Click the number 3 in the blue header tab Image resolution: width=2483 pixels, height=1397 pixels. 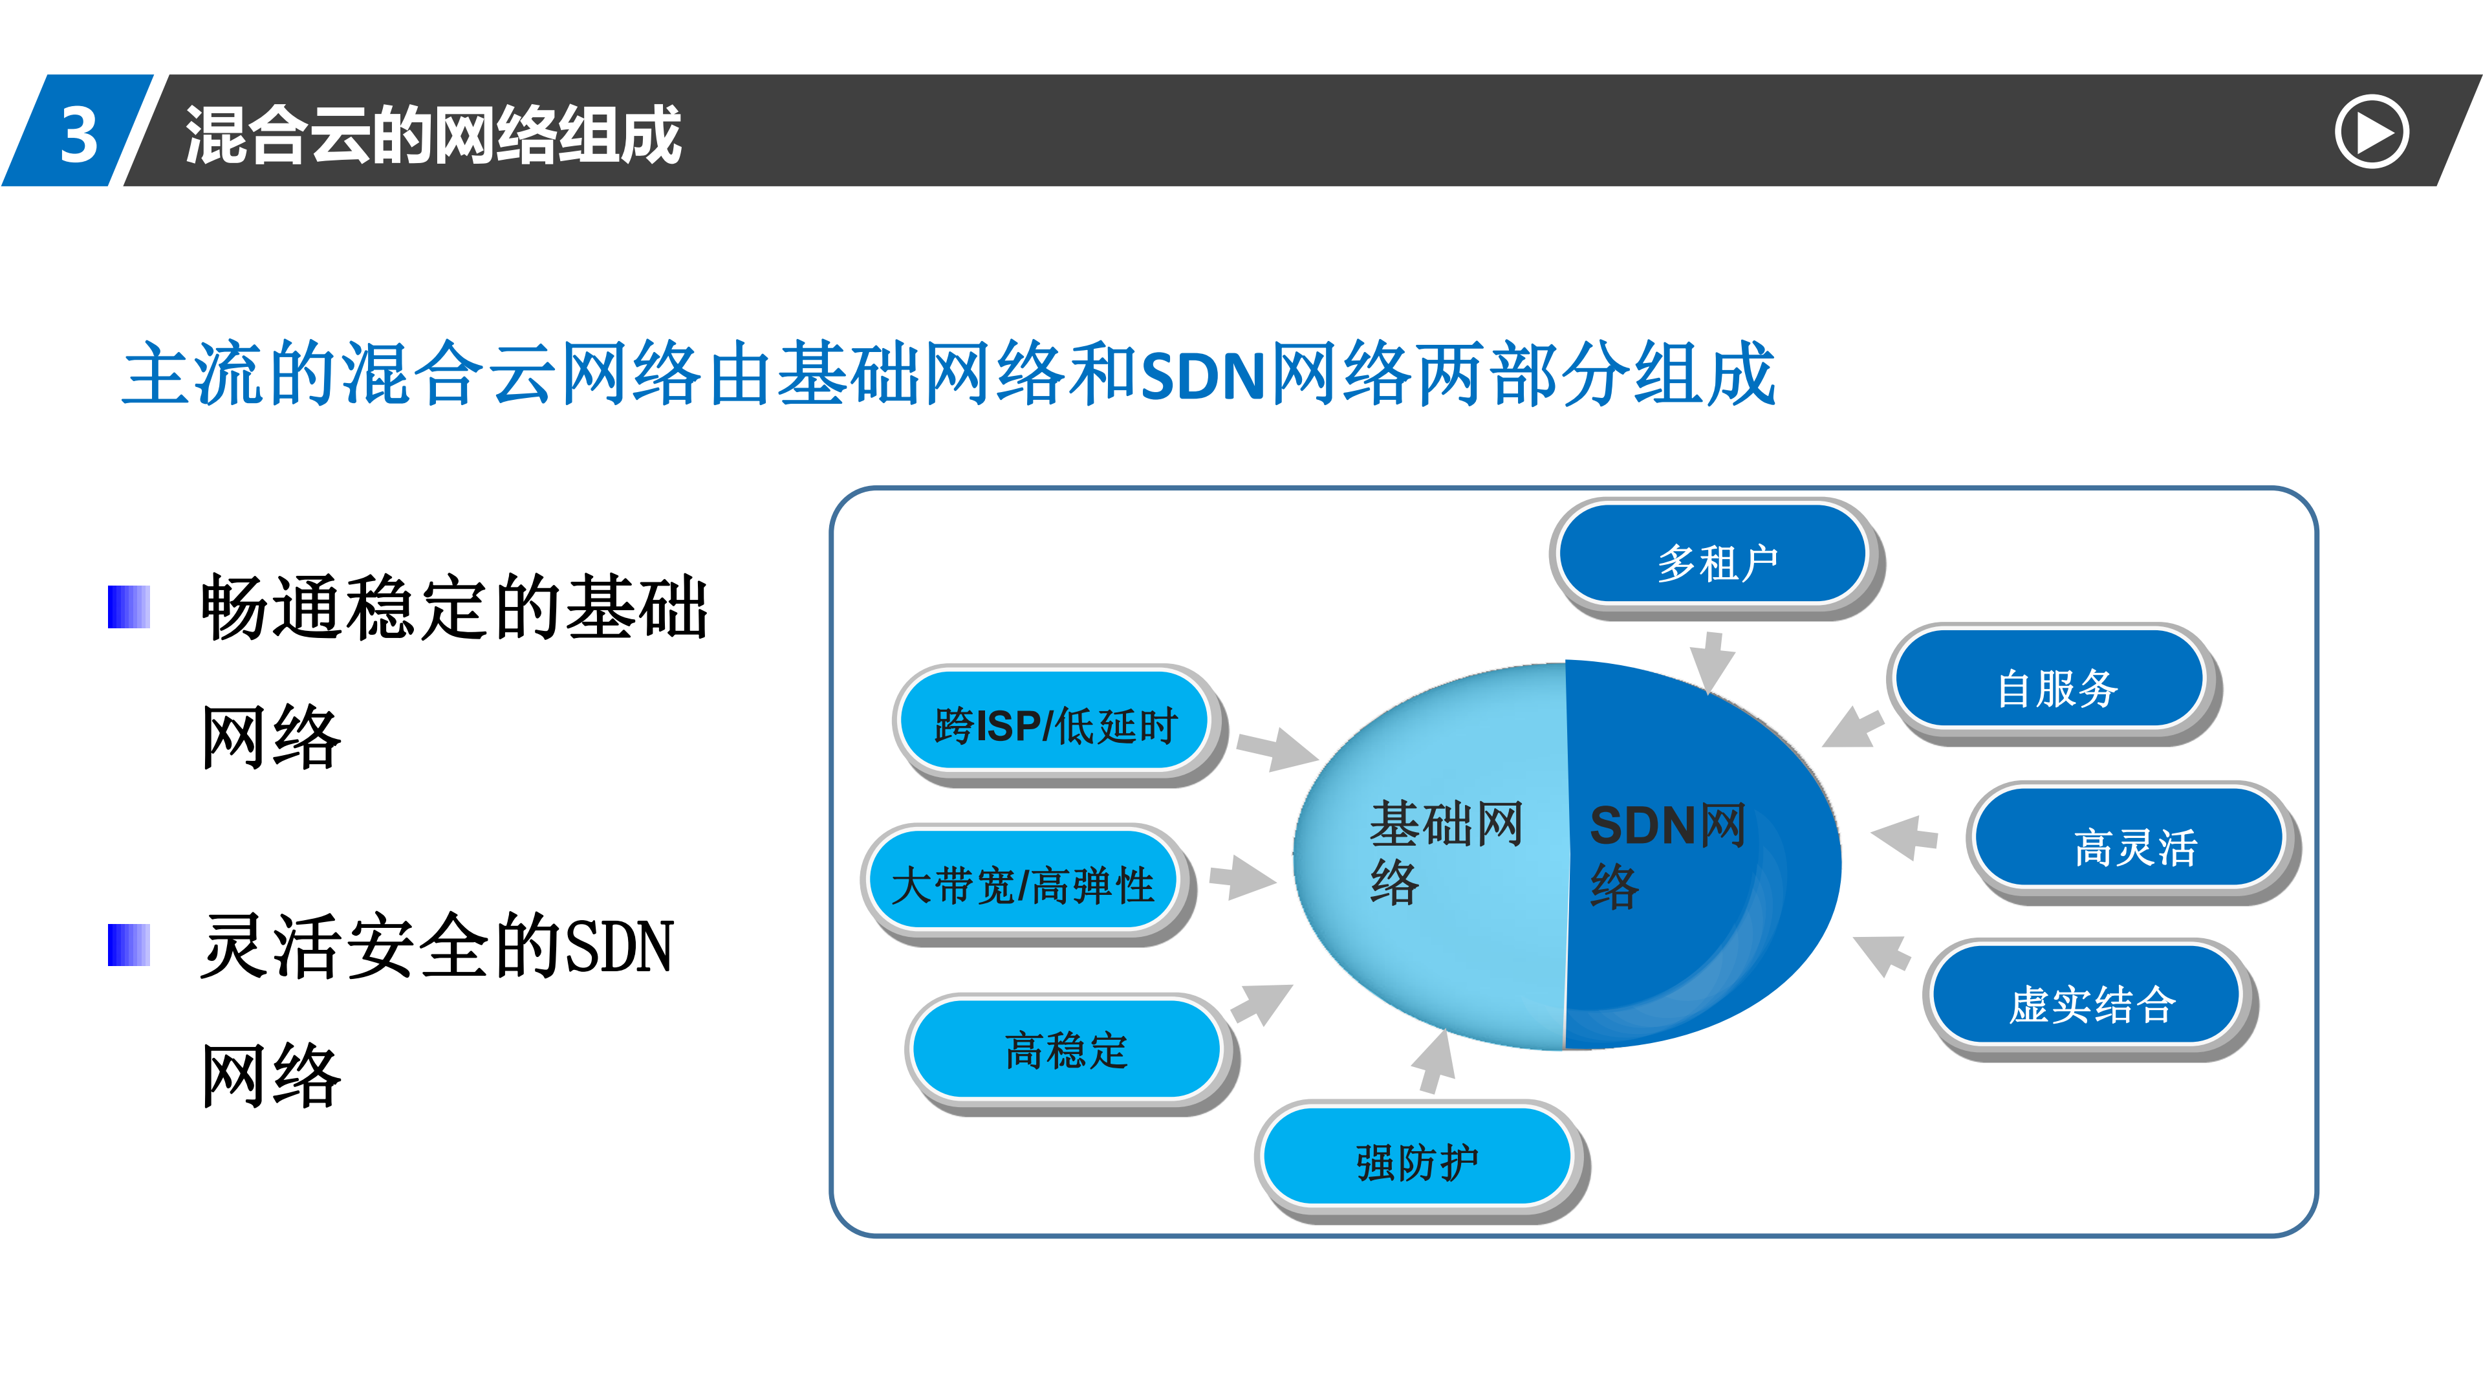(79, 133)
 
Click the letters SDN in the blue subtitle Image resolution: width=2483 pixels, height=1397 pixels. (1202, 376)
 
